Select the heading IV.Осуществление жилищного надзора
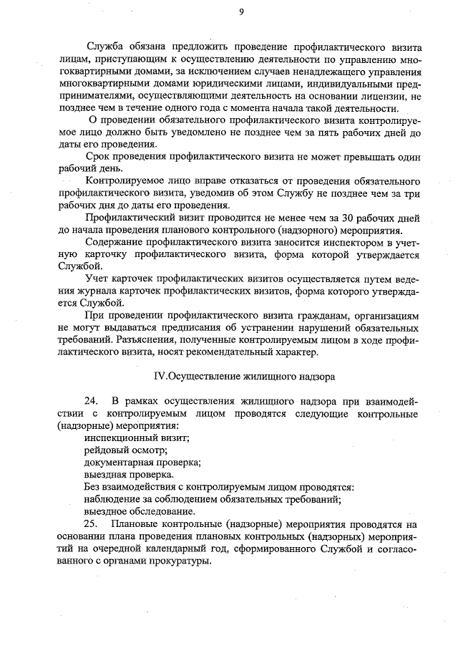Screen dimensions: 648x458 coord(244,375)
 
